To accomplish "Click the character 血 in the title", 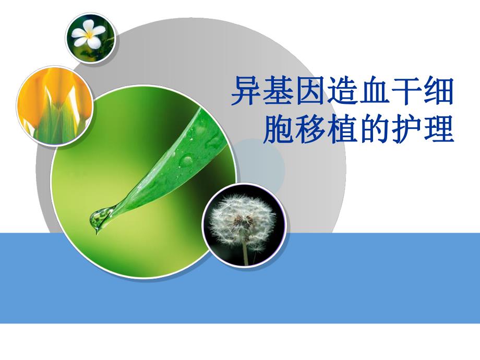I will (375, 91).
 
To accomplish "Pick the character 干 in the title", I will (406, 91).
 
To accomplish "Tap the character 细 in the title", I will (438, 91).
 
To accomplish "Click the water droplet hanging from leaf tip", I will (99, 219).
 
